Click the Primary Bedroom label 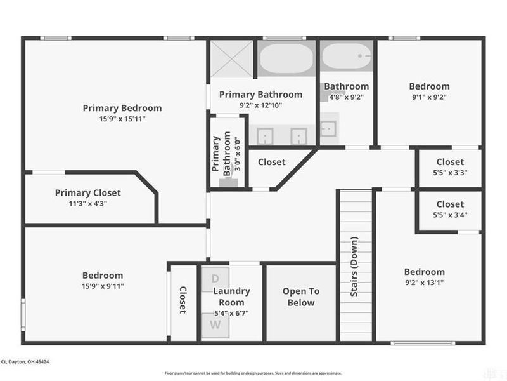pos(122,108)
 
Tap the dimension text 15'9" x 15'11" pos(122,119)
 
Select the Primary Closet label pos(87,193)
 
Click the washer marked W pos(215,325)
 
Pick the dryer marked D pos(215,279)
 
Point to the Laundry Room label pos(231,297)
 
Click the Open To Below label pos(301,297)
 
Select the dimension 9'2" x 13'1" pos(425,283)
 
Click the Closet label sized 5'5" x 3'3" pos(450,162)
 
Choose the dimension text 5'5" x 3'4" pos(450,215)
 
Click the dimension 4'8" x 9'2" pos(346,97)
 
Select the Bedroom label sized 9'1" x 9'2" pos(429,86)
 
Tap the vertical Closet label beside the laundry pos(183,300)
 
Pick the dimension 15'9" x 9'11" pos(103,286)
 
